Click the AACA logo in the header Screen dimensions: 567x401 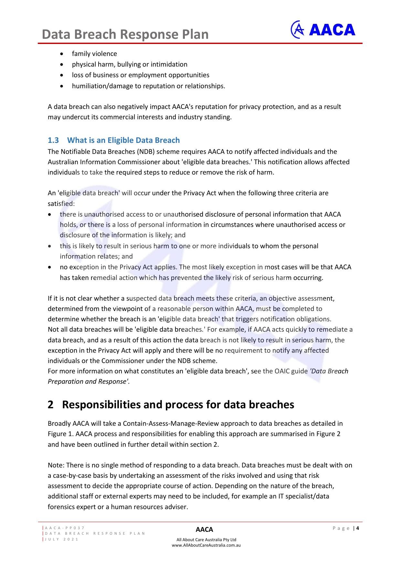point(323,30)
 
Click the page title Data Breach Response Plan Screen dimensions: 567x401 point(125,34)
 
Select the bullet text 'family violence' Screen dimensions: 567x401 point(94,54)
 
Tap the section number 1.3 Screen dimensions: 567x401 point(53,140)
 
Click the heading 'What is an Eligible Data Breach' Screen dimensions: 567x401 point(123,140)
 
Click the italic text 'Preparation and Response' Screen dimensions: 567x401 point(88,381)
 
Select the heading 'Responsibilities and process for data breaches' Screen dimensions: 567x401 point(178,405)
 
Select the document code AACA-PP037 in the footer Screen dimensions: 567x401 point(65,528)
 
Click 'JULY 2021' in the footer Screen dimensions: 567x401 point(62,539)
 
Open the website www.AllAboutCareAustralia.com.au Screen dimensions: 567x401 point(206,545)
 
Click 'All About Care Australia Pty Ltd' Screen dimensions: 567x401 point(206,540)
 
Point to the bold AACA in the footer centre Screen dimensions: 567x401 point(205,530)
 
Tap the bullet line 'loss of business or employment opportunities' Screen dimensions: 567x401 point(141,75)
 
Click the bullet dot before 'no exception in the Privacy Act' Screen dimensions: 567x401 point(49,267)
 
